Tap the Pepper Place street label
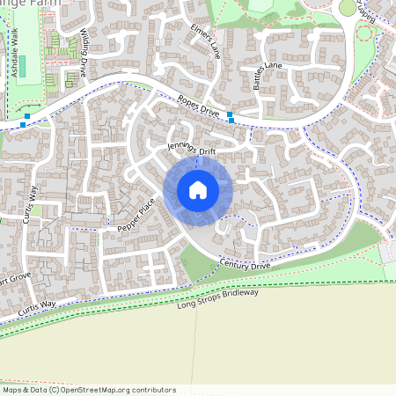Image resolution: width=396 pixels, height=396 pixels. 136,215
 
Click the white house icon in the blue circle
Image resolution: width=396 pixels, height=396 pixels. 198,190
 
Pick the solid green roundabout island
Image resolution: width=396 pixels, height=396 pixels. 348,8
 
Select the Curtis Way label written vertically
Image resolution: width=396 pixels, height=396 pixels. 33,204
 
